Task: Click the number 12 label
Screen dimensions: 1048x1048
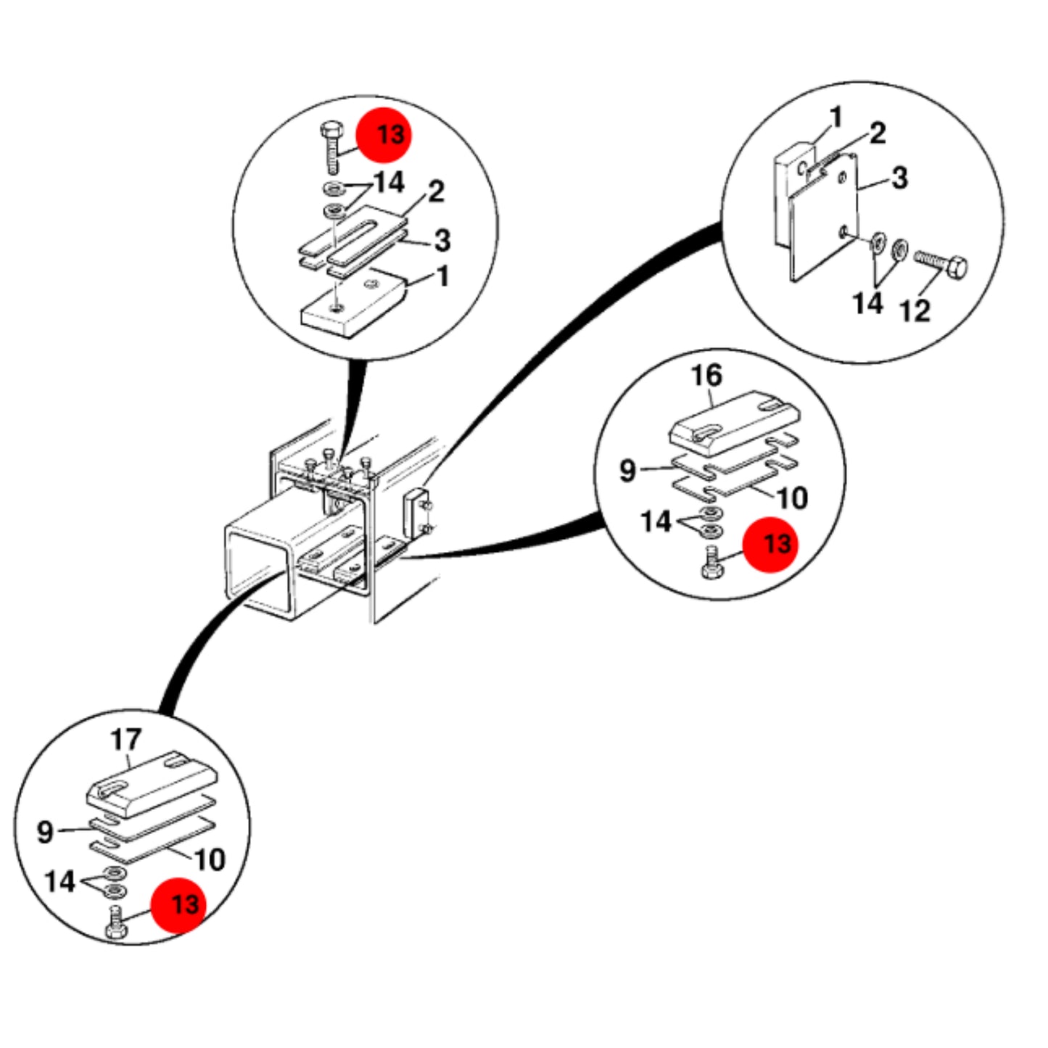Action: click(x=915, y=312)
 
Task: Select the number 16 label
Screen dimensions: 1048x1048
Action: click(x=706, y=375)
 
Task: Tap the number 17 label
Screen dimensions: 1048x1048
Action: click(x=125, y=740)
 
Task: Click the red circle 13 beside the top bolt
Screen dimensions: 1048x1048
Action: click(x=384, y=135)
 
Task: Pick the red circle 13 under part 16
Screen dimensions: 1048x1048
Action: click(x=770, y=545)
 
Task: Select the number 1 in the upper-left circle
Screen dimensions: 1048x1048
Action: click(x=444, y=277)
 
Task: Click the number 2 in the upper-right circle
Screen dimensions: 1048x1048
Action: click(x=878, y=133)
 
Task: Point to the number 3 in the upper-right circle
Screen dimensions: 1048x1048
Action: click(x=900, y=178)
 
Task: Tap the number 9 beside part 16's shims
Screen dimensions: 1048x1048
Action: click(x=628, y=469)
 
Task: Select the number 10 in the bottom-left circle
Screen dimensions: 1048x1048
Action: click(x=210, y=860)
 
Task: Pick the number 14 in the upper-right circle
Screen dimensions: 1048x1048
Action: click(x=867, y=303)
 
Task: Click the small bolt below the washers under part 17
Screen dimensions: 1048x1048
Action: click(x=116, y=923)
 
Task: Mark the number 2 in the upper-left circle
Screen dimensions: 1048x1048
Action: click(x=436, y=191)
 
